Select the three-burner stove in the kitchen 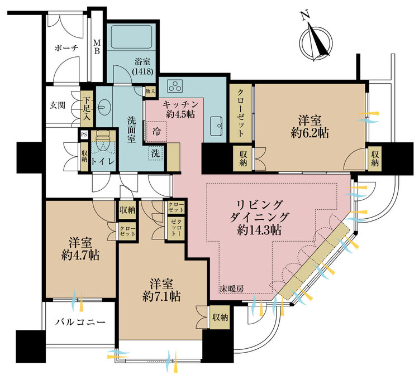pos(175,86)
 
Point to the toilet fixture pos(103,141)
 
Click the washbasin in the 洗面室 pos(103,107)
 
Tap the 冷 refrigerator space pos(156,131)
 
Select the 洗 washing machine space pos(155,153)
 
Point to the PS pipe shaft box pos(84,134)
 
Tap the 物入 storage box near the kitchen pos(150,92)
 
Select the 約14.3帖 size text pos(259,230)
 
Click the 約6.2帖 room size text pos(310,133)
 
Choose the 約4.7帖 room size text pos(80,256)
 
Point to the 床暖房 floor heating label pos(232,288)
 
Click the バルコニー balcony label pos(80,323)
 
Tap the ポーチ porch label pos(66,48)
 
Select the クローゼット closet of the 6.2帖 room pos(240,113)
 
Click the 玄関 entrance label pos(58,105)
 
